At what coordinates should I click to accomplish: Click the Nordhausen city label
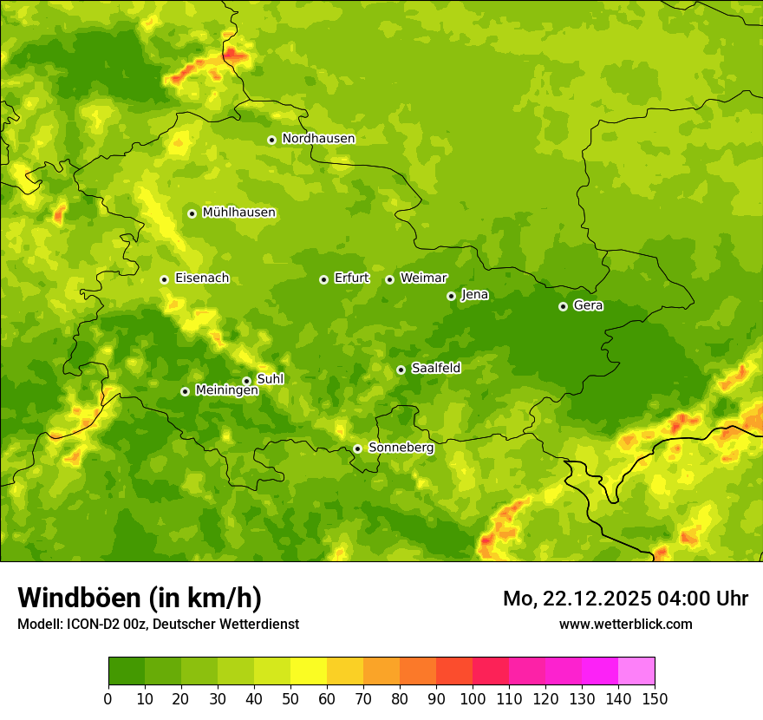[x=318, y=139]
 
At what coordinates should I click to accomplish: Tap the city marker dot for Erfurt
[x=323, y=279]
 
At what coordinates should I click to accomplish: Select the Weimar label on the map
[x=423, y=278]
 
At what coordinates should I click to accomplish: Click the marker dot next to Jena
[x=451, y=296]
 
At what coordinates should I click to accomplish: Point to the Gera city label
[x=588, y=305]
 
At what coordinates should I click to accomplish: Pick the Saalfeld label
[x=435, y=369]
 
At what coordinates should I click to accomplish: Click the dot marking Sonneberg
[x=357, y=448]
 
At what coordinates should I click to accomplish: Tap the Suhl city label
[x=270, y=379]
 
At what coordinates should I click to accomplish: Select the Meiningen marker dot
[x=185, y=391]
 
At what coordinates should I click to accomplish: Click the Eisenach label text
[x=201, y=278]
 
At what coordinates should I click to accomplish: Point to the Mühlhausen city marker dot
[x=192, y=213]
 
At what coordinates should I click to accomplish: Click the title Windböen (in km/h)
[x=139, y=598]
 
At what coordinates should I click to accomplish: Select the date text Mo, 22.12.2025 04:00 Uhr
[x=625, y=599]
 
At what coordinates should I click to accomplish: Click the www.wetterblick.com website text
[x=625, y=624]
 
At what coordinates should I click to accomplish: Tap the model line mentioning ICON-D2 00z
[x=158, y=624]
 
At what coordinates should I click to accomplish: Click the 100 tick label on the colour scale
[x=473, y=698]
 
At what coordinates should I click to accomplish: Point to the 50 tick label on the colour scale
[x=290, y=698]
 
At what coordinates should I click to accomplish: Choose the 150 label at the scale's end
[x=655, y=698]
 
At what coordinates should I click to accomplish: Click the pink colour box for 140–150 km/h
[x=636, y=671]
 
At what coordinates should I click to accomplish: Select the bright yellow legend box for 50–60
[x=309, y=671]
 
